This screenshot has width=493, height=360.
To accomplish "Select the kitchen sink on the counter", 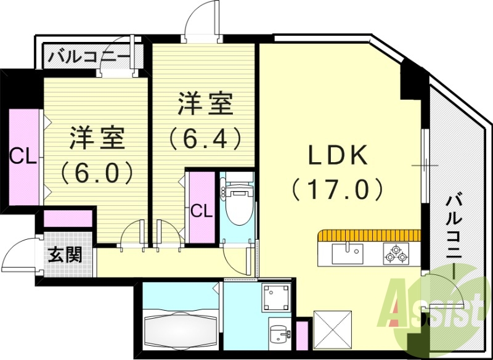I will click(348, 253).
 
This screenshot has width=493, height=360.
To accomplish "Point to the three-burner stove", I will click(394, 253).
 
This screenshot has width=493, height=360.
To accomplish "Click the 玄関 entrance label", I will click(66, 254).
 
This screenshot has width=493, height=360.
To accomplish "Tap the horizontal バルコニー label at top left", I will click(89, 57).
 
